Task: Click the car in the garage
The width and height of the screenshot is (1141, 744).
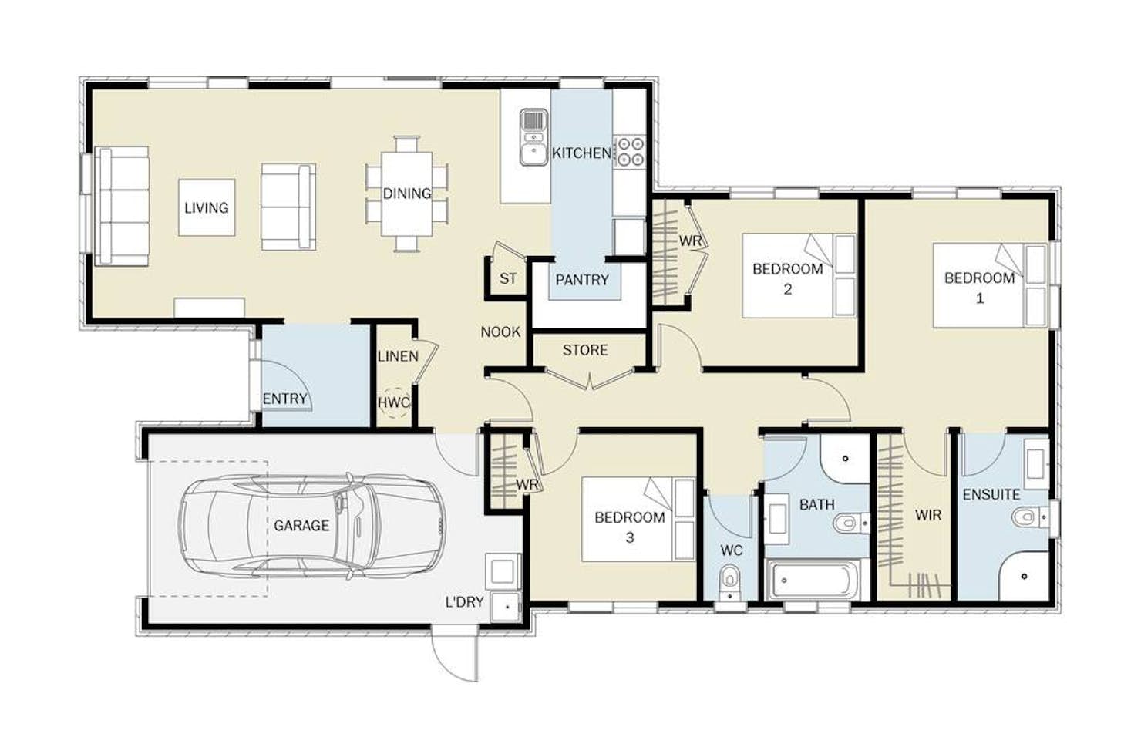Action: click(311, 526)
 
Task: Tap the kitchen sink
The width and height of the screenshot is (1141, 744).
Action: click(533, 137)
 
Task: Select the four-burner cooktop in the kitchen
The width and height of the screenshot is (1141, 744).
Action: click(630, 152)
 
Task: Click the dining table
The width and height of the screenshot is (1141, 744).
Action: click(406, 194)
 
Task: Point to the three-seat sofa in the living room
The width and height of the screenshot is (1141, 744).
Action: click(122, 207)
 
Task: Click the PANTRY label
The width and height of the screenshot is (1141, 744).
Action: click(582, 280)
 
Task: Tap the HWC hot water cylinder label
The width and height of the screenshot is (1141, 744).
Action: click(393, 402)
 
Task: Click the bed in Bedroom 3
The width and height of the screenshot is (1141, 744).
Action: click(638, 520)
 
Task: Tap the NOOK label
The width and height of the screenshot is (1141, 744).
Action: click(500, 332)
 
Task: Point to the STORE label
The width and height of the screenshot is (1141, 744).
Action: click(585, 350)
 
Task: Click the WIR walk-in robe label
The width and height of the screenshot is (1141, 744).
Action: click(928, 515)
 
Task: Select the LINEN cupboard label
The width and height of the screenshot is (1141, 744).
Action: click(398, 356)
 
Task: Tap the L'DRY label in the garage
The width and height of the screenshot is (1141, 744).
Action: click(464, 602)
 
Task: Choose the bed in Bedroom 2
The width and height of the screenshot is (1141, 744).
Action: click(799, 275)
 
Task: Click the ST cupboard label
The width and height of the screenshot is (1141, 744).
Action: click(508, 278)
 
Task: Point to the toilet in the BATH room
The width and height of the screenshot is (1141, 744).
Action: click(851, 523)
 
